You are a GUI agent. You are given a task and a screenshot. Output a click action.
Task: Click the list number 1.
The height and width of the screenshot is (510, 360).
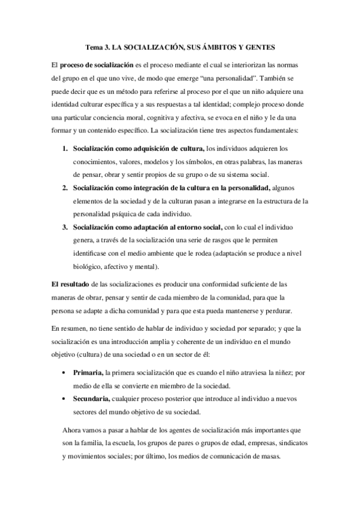64,148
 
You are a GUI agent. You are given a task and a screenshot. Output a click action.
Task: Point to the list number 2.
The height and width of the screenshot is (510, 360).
64,188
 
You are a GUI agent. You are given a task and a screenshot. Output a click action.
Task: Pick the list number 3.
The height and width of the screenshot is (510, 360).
64,227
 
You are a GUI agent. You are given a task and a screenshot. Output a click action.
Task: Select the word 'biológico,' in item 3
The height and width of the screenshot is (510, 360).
88,266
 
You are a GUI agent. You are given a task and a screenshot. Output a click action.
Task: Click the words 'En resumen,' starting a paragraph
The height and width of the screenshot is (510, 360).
69,328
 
